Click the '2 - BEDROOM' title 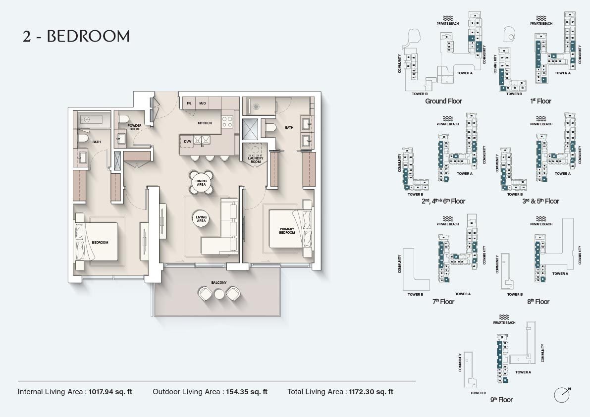point(76,36)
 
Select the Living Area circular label point(201,219)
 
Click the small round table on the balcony point(219,294)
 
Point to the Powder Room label point(134,127)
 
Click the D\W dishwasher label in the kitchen point(188,142)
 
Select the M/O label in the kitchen point(202,104)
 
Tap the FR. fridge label point(189,104)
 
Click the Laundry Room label point(256,160)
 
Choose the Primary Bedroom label point(287,231)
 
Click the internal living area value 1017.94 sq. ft point(110,392)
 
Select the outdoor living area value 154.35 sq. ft point(247,392)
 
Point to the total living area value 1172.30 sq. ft point(371,392)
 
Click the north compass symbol point(562,394)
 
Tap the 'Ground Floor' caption point(443,101)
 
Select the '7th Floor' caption point(443,302)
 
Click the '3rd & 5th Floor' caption point(537,201)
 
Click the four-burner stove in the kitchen point(226,121)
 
